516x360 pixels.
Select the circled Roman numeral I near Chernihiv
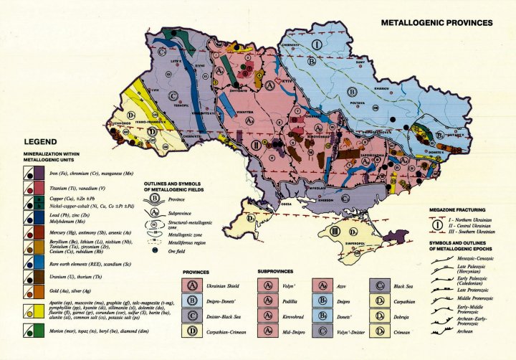316,44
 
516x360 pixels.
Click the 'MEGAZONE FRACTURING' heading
459,207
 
